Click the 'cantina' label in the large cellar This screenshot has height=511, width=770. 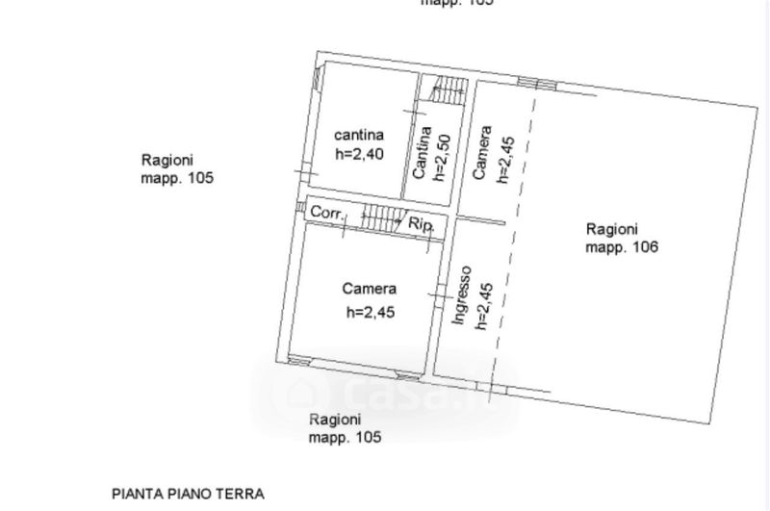(x=360, y=135)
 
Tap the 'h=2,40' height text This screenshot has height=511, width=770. (x=360, y=153)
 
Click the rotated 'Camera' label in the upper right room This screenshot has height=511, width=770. (x=484, y=153)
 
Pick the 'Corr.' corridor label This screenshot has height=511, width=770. (x=327, y=213)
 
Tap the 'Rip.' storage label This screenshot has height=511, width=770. (x=422, y=224)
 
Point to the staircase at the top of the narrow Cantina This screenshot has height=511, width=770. (x=446, y=91)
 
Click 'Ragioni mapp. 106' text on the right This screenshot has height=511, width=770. (x=621, y=238)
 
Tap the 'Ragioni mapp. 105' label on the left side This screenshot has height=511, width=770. (x=176, y=169)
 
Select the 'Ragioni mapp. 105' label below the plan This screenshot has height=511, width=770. (x=345, y=428)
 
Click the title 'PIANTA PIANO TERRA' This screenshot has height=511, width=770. (x=188, y=494)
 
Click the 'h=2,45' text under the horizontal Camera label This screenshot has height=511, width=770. (x=372, y=311)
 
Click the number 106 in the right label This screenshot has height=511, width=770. (x=643, y=247)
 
